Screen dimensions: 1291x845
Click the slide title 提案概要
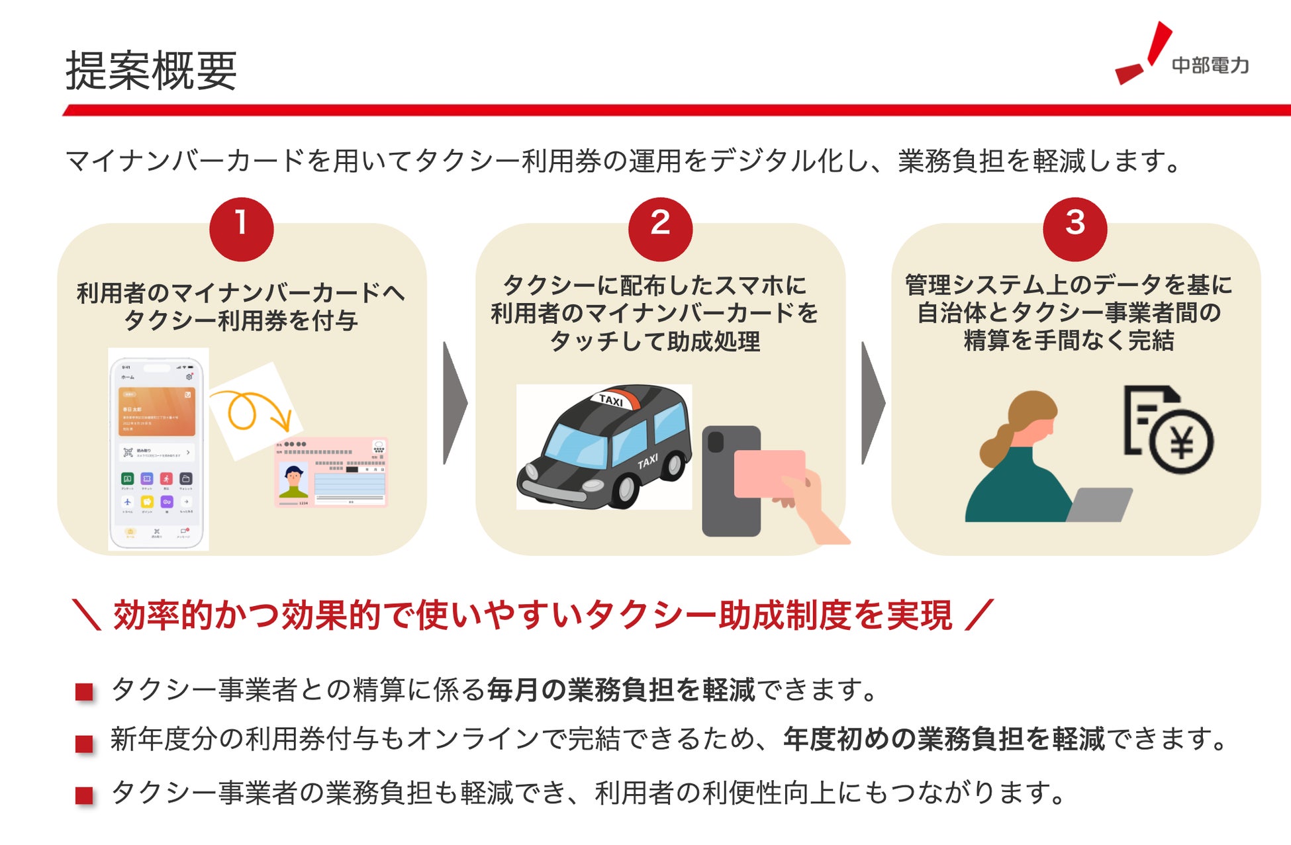(x=151, y=70)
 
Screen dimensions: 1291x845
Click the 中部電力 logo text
(x=1210, y=66)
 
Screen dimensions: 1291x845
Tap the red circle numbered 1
(x=241, y=228)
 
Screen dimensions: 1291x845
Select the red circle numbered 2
(x=659, y=228)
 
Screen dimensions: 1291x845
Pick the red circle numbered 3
(x=1075, y=228)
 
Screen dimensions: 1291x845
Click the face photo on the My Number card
(x=293, y=479)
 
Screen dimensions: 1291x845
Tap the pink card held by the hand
(x=768, y=472)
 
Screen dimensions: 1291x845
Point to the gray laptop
(x=1099, y=504)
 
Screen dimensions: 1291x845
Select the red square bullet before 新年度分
(x=84, y=743)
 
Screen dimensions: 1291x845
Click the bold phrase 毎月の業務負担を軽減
(x=621, y=689)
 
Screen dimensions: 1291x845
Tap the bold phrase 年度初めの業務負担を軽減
(x=943, y=738)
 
